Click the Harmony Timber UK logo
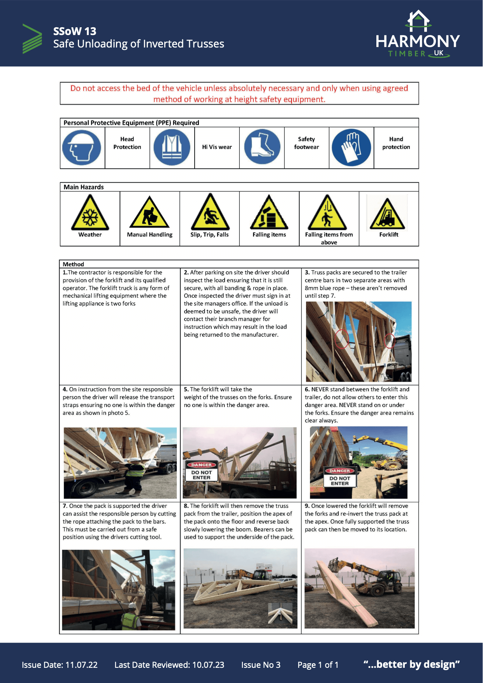418,35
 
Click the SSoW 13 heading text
75,31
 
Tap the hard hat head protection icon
82,148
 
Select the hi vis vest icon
172,148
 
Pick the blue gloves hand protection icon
351,148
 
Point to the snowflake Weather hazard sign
90,213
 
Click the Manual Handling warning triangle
149,213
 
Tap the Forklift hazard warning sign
387,214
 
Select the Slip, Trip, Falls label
209,234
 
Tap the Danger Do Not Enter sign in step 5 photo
201,471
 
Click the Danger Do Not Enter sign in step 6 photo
340,477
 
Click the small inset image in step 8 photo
280,614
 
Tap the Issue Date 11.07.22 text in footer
60,665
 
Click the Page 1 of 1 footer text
318,665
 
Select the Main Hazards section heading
84,187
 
